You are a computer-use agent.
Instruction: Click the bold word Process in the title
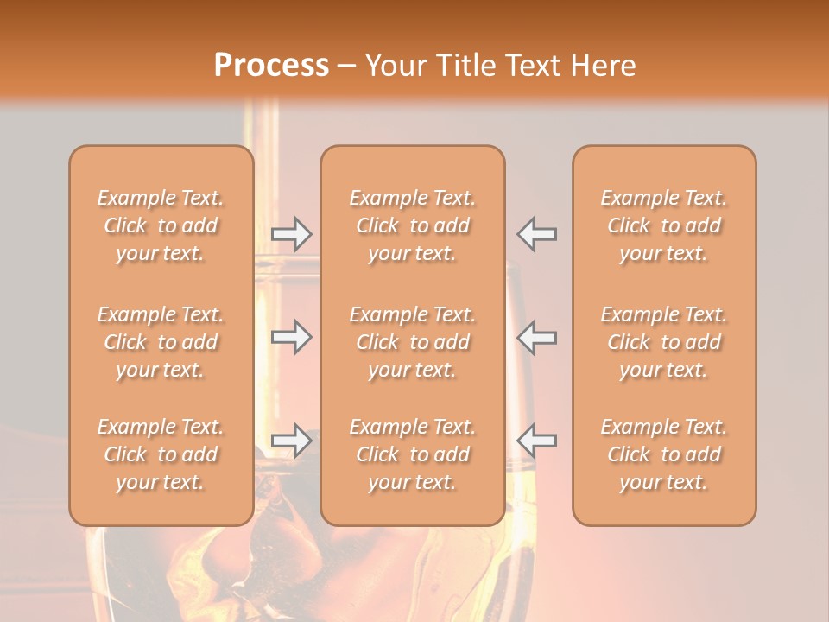pyautogui.click(x=271, y=66)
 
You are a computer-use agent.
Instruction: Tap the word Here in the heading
pyautogui.click(x=602, y=66)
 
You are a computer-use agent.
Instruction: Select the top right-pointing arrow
pyautogui.click(x=292, y=233)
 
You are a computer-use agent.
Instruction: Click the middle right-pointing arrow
pyautogui.click(x=292, y=337)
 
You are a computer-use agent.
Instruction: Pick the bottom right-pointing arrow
pyautogui.click(x=292, y=441)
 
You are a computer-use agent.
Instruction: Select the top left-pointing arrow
pyautogui.click(x=536, y=233)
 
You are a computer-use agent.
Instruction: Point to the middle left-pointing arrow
pyautogui.click(x=536, y=337)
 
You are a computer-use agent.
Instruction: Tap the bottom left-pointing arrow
pyautogui.click(x=536, y=441)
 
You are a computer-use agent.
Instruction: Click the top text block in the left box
pyautogui.click(x=161, y=225)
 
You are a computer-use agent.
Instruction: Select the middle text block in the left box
pyautogui.click(x=161, y=342)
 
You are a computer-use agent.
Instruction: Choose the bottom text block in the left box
pyautogui.click(x=161, y=454)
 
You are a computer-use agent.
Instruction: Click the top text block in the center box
pyautogui.click(x=413, y=225)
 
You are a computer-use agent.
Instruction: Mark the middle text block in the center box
pyautogui.click(x=413, y=342)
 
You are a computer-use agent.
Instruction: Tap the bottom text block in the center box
pyautogui.click(x=413, y=454)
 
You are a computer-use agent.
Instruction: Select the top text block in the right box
pyautogui.click(x=664, y=225)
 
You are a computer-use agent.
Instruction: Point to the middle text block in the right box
pyautogui.click(x=664, y=342)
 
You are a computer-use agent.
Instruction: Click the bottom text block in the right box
pyautogui.click(x=664, y=454)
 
